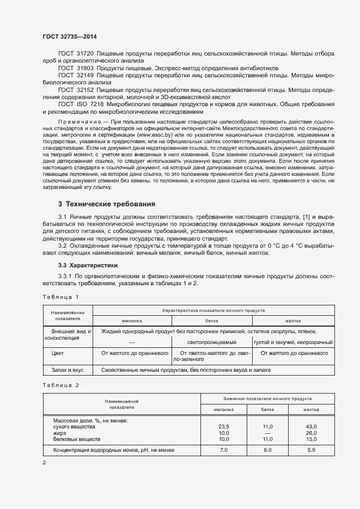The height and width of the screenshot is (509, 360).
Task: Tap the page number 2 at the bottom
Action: point(44,463)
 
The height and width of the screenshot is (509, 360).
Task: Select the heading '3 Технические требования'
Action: point(106,204)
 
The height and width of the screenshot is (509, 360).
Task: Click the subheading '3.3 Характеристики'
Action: point(87,265)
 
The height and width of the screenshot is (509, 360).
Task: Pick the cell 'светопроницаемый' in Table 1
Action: point(211,342)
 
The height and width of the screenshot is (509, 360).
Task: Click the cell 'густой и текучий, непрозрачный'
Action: point(293,342)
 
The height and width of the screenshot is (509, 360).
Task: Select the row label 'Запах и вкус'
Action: point(68,370)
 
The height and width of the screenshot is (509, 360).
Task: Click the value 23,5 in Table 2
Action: point(223,426)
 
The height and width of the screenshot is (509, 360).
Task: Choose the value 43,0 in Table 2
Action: point(311,426)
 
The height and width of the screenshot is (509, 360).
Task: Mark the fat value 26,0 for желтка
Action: point(311,432)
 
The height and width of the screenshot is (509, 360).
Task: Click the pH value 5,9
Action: point(311,450)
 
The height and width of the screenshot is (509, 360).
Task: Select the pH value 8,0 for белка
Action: point(267,450)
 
